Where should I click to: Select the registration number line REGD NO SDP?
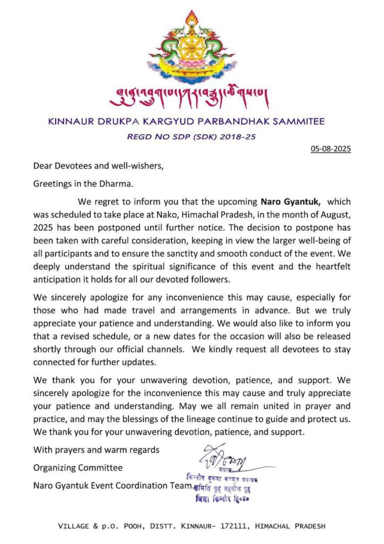191,137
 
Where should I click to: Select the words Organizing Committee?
78,468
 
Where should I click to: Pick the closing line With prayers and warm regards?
96,450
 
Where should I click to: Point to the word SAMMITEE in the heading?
294,121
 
